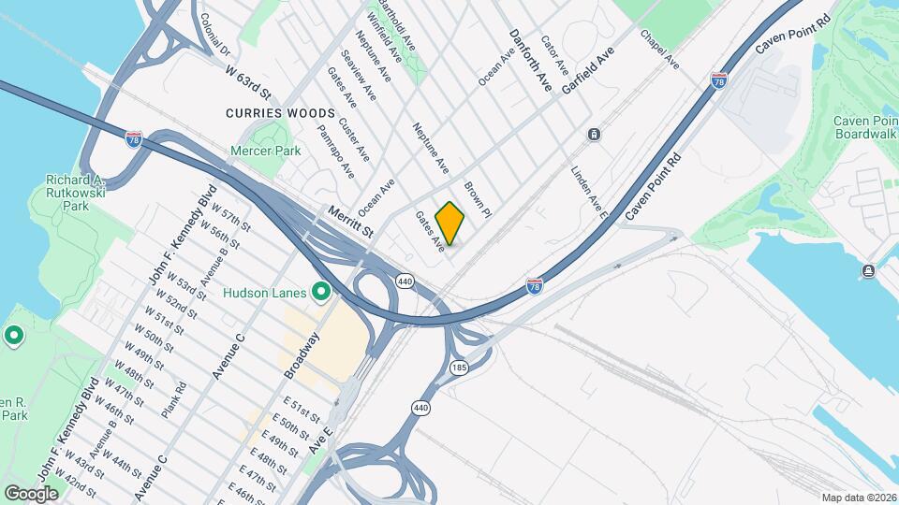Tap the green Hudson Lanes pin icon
[x=321, y=294]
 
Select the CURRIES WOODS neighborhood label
[x=267, y=112]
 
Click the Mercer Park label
[x=266, y=150]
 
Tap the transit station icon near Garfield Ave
[x=594, y=134]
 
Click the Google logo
[x=31, y=493]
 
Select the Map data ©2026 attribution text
[x=859, y=498]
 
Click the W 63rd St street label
[x=247, y=80]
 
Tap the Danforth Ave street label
[x=530, y=59]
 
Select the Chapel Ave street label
[x=659, y=49]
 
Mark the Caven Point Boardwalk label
[x=866, y=127]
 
